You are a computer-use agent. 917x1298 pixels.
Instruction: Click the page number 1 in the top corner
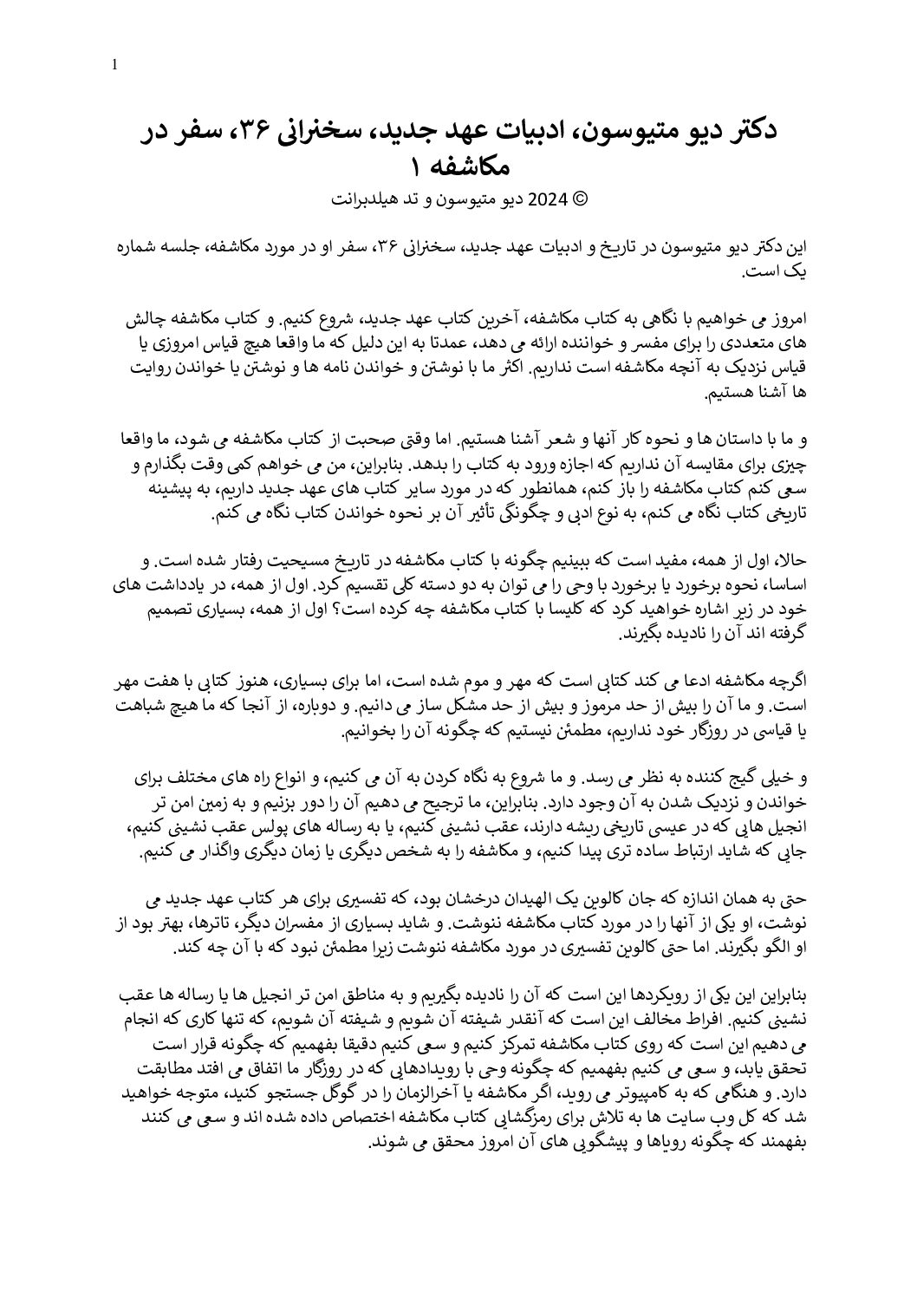point(115,65)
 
